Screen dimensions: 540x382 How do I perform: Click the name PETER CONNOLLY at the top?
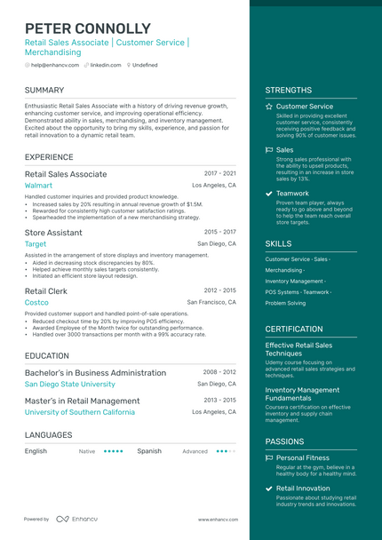pyautogui.click(x=88, y=28)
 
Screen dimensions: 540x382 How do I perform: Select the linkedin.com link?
pyautogui.click(x=106, y=65)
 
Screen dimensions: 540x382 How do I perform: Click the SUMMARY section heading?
pyautogui.click(x=44, y=91)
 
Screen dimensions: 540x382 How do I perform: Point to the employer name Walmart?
pyautogui.click(x=38, y=186)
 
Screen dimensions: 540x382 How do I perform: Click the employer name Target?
pyautogui.click(x=36, y=243)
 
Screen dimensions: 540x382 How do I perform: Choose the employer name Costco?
pyautogui.click(x=36, y=302)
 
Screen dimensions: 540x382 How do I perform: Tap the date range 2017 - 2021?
pyautogui.click(x=219, y=173)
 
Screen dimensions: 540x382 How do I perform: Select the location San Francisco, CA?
pyautogui.click(x=211, y=302)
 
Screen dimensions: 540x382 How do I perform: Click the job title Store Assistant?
pyautogui.click(x=53, y=232)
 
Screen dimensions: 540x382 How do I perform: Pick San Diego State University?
pyautogui.click(x=69, y=385)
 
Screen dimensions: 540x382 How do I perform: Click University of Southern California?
pyautogui.click(x=80, y=412)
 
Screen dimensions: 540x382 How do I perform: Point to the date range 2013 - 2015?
pyautogui.click(x=219, y=400)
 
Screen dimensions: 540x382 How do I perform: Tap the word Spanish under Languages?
pyautogui.click(x=149, y=451)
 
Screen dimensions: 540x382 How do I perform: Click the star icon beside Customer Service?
pyautogui.click(x=269, y=107)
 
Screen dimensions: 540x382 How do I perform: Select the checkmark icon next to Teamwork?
pyautogui.click(x=269, y=194)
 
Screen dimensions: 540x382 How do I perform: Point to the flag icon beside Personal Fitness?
pyautogui.click(x=269, y=458)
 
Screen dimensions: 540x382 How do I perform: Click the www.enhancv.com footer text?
pyautogui.click(x=215, y=520)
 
